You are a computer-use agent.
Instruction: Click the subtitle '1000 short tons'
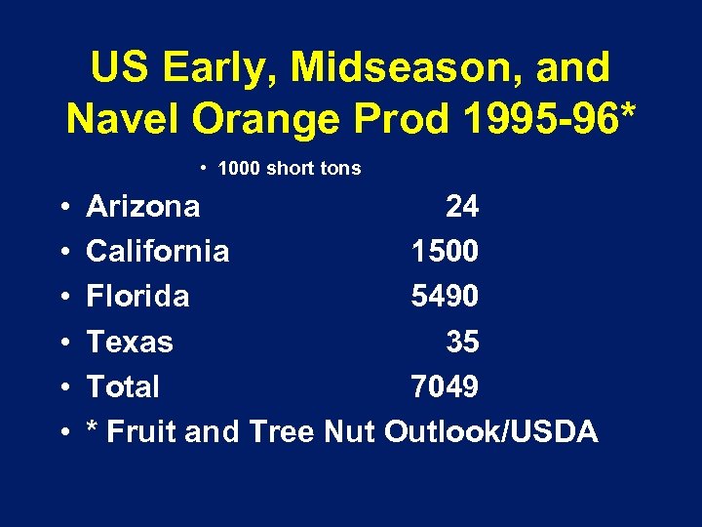tap(289, 169)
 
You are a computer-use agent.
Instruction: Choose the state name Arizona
tap(143, 207)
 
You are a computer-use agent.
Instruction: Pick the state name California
tap(158, 252)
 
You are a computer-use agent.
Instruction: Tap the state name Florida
tap(137, 297)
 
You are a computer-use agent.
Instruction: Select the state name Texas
tap(130, 342)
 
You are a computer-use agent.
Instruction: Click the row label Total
tap(123, 386)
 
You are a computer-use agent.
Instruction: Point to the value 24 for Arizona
tap(461, 207)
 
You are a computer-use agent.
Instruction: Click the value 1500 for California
tap(445, 252)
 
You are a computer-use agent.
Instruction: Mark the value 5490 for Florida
tap(445, 297)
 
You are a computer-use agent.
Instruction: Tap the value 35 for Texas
tap(461, 342)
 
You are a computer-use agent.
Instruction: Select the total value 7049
tap(445, 386)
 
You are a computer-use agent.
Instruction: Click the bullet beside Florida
tap(61, 297)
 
